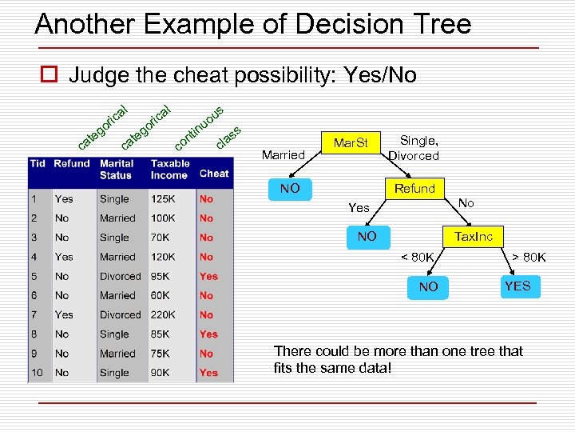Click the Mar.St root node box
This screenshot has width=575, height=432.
(x=351, y=144)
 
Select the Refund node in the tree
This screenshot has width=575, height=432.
(x=414, y=189)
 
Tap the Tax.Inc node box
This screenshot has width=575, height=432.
(x=474, y=236)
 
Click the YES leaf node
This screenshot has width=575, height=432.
(x=517, y=286)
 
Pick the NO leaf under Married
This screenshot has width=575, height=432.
(x=290, y=189)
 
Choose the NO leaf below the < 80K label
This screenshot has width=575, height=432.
(x=428, y=286)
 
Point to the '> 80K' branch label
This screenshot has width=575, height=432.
(x=529, y=257)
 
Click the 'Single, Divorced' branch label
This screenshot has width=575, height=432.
(x=414, y=148)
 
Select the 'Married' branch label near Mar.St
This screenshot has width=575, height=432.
(x=283, y=154)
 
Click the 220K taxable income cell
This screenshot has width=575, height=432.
(x=165, y=314)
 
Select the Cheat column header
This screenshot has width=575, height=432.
(x=214, y=173)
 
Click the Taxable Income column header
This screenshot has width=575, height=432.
(x=170, y=169)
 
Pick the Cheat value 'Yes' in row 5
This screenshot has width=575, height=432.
(x=208, y=276)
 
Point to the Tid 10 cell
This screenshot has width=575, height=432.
(x=38, y=373)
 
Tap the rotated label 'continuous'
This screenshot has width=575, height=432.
(x=198, y=128)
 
